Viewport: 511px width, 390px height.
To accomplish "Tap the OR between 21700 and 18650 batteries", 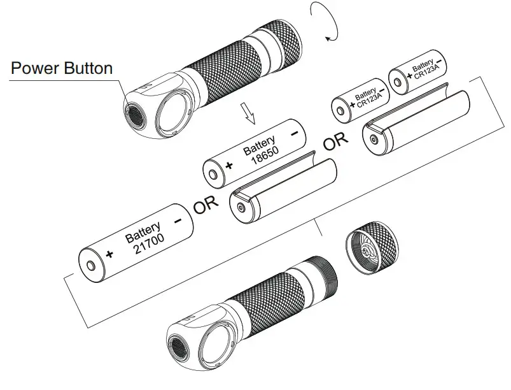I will [206, 205].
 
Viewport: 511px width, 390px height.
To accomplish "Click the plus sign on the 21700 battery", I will [110, 254].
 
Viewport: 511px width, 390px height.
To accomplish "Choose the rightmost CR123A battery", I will [417, 73].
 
